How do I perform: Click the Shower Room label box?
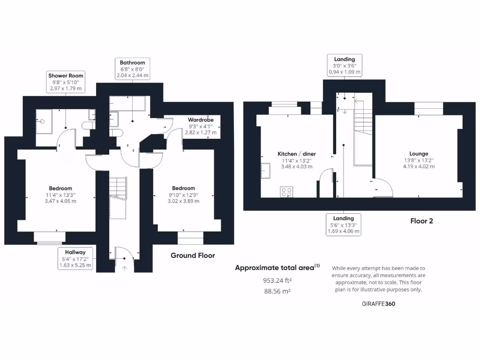click(x=66, y=82)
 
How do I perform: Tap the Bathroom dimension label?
click(x=132, y=68)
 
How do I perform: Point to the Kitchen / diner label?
click(x=297, y=154)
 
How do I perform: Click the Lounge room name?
click(x=419, y=153)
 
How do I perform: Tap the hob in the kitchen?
click(x=286, y=191)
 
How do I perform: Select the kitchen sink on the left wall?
click(x=266, y=171)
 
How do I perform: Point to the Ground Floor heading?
click(x=193, y=255)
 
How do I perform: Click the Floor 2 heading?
click(x=421, y=221)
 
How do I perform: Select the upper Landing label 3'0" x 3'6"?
click(x=344, y=66)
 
